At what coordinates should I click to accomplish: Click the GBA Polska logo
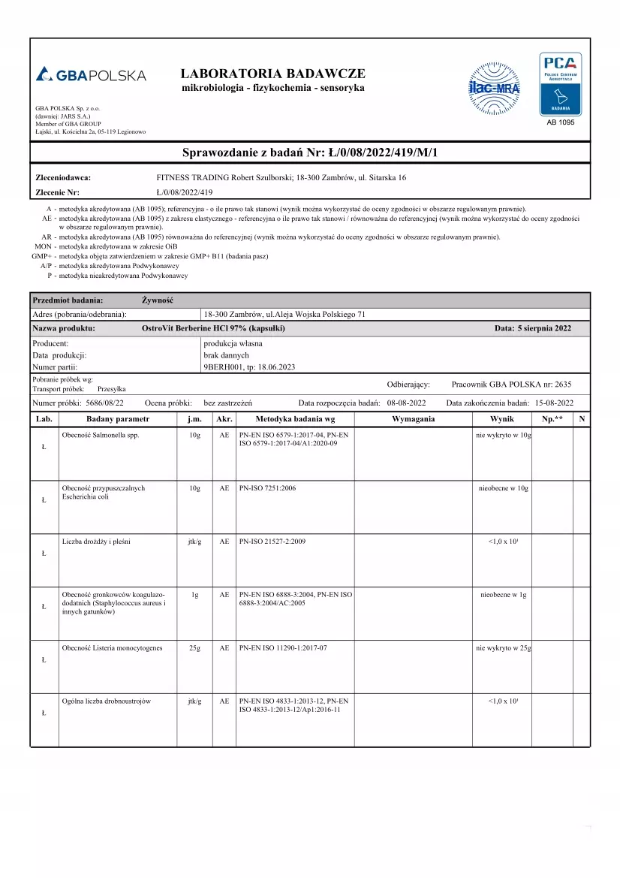click(91, 75)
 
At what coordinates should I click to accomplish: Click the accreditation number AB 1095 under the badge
click(560, 122)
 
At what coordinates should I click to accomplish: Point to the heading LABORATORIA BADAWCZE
click(273, 74)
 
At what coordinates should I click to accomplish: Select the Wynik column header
click(501, 418)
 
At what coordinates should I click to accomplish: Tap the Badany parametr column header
click(118, 418)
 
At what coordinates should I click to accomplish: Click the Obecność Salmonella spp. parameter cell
click(101, 436)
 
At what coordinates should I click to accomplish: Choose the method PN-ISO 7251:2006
click(267, 488)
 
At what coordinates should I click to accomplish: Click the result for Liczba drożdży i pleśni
click(503, 542)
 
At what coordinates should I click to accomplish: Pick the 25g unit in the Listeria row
click(194, 647)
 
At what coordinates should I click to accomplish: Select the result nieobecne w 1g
click(503, 595)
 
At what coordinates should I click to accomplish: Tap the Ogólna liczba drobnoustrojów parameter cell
click(107, 701)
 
